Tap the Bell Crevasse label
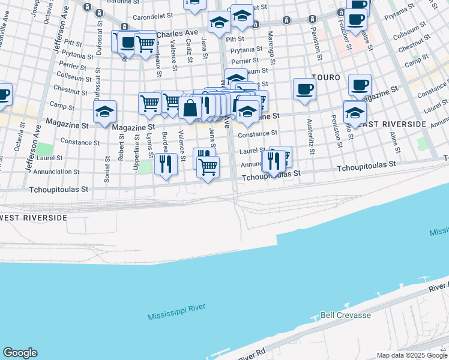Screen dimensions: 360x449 pyautogui.click(x=346, y=315)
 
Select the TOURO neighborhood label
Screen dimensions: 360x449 pyautogui.click(x=326, y=78)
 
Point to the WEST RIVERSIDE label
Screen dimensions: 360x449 pyautogui.click(x=33, y=217)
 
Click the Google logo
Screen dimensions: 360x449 pyautogui.click(x=20, y=353)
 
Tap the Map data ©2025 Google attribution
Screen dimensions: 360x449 pyautogui.click(x=412, y=355)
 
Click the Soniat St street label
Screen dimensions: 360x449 pyautogui.click(x=107, y=170)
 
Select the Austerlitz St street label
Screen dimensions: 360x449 pyautogui.click(x=310, y=136)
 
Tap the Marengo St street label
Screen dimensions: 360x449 pyautogui.click(x=271, y=48)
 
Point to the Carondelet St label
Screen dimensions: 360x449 pyautogui.click(x=152, y=17)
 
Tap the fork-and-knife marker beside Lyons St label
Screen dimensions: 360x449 pyautogui.click(x=165, y=163)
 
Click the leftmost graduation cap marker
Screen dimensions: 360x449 pyautogui.click(x=104, y=111)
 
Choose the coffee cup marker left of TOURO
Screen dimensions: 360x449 pyautogui.click(x=304, y=89)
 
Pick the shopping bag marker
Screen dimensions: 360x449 pyautogui.click(x=190, y=108)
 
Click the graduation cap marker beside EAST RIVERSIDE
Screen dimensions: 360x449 pyautogui.click(x=355, y=112)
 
